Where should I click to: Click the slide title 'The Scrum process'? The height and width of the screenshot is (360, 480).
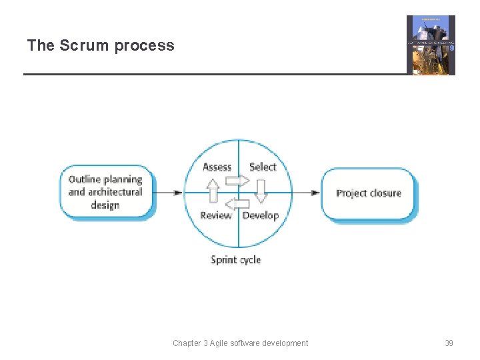[100, 45]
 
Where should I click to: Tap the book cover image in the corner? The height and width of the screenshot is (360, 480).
[431, 45]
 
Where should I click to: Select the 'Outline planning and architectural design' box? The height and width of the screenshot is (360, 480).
[106, 192]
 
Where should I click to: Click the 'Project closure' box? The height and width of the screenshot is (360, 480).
[369, 193]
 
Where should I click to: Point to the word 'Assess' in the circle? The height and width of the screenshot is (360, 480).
[217, 167]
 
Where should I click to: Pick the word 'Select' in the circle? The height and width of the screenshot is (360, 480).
[262, 167]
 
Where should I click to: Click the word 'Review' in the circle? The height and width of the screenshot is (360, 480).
[216, 215]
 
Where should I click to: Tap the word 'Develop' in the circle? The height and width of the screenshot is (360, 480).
[261, 215]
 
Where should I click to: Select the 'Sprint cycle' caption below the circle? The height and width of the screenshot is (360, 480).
[235, 259]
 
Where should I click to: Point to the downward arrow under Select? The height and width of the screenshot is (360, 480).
[261, 191]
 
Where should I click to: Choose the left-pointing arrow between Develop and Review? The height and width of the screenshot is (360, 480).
[237, 203]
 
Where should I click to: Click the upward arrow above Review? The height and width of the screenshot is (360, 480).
[213, 191]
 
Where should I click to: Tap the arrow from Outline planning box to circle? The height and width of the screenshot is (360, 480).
[169, 193]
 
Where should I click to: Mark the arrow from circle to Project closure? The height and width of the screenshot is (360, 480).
[306, 193]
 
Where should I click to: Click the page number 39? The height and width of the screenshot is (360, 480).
[449, 343]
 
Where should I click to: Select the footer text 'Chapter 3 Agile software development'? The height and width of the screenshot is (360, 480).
[240, 343]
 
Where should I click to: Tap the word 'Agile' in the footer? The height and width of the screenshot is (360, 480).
[221, 343]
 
